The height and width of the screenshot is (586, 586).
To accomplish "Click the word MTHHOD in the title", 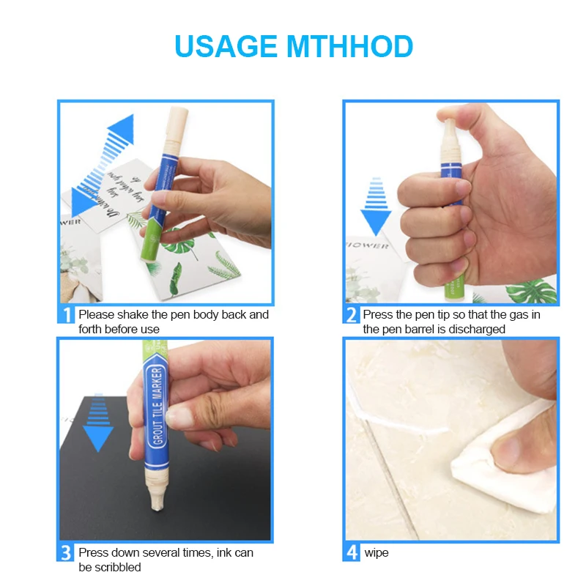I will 349,46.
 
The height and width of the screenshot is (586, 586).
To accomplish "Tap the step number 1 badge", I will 66,315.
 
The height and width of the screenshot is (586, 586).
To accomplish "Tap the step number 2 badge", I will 351,315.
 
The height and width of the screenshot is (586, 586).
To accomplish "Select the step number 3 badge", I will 66,552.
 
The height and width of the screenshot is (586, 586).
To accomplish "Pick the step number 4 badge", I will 351,552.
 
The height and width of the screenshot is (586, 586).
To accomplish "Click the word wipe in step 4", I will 377,552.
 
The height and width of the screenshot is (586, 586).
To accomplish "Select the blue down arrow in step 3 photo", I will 97,435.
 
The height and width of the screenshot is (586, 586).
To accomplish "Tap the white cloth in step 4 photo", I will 505,454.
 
